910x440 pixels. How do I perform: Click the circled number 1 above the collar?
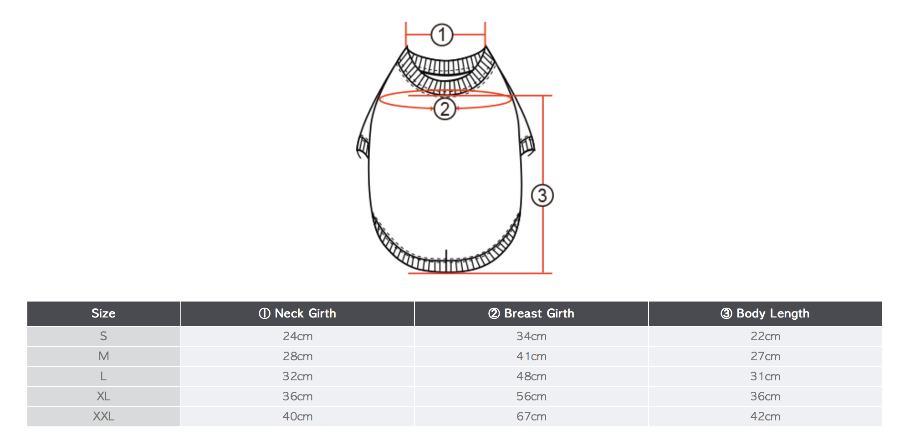point(442,35)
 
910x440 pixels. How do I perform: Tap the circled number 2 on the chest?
point(445,109)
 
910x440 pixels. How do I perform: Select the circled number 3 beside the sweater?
point(542,195)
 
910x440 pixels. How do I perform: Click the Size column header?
point(103,313)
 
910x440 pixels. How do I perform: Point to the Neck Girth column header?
point(297,313)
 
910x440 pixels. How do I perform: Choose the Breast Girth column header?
point(531,313)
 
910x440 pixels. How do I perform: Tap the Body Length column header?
point(765,313)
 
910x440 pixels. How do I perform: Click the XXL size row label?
point(103,416)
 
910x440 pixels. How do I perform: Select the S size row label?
point(103,336)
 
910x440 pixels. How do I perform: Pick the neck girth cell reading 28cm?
point(297,356)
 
